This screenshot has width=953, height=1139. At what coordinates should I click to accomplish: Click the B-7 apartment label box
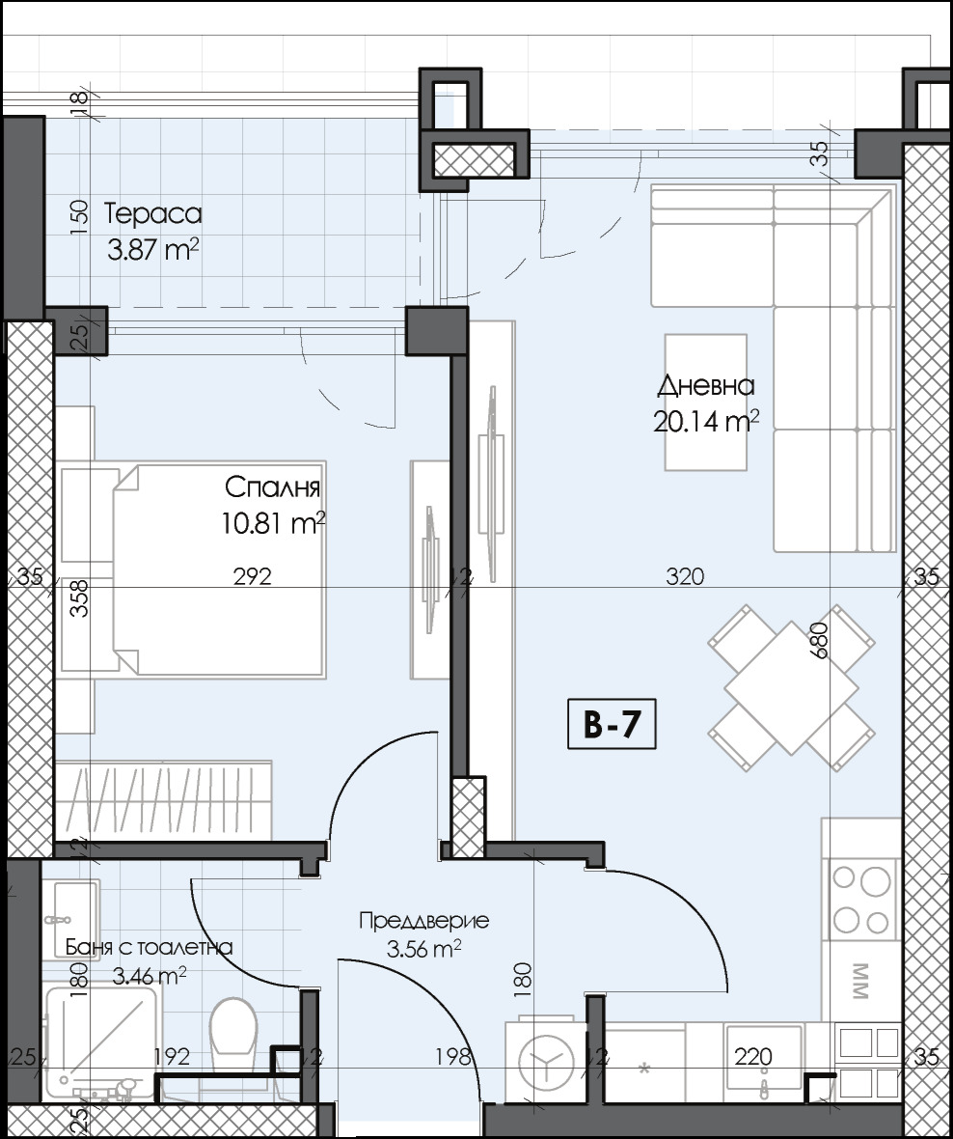(x=612, y=725)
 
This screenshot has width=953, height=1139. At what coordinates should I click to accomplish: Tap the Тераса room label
(x=153, y=213)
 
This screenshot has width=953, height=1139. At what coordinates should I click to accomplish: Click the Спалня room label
(x=273, y=486)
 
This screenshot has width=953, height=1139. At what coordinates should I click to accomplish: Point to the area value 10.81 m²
(x=273, y=524)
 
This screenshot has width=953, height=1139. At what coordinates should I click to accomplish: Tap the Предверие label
(x=423, y=920)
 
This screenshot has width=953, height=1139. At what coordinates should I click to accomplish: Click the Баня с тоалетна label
(x=149, y=947)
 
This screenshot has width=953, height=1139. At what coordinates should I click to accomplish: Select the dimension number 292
(x=253, y=577)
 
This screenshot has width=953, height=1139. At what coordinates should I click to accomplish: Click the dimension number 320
(x=685, y=577)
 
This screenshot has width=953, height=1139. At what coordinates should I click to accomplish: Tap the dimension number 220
(x=752, y=1057)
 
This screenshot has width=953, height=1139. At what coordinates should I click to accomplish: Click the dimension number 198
(x=452, y=1057)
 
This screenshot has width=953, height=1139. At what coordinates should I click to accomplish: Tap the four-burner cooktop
(x=862, y=897)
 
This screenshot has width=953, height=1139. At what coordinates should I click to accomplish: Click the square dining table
(x=791, y=686)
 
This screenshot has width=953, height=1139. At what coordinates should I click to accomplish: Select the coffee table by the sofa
(x=706, y=402)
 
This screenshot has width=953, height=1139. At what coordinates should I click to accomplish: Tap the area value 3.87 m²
(x=153, y=251)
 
